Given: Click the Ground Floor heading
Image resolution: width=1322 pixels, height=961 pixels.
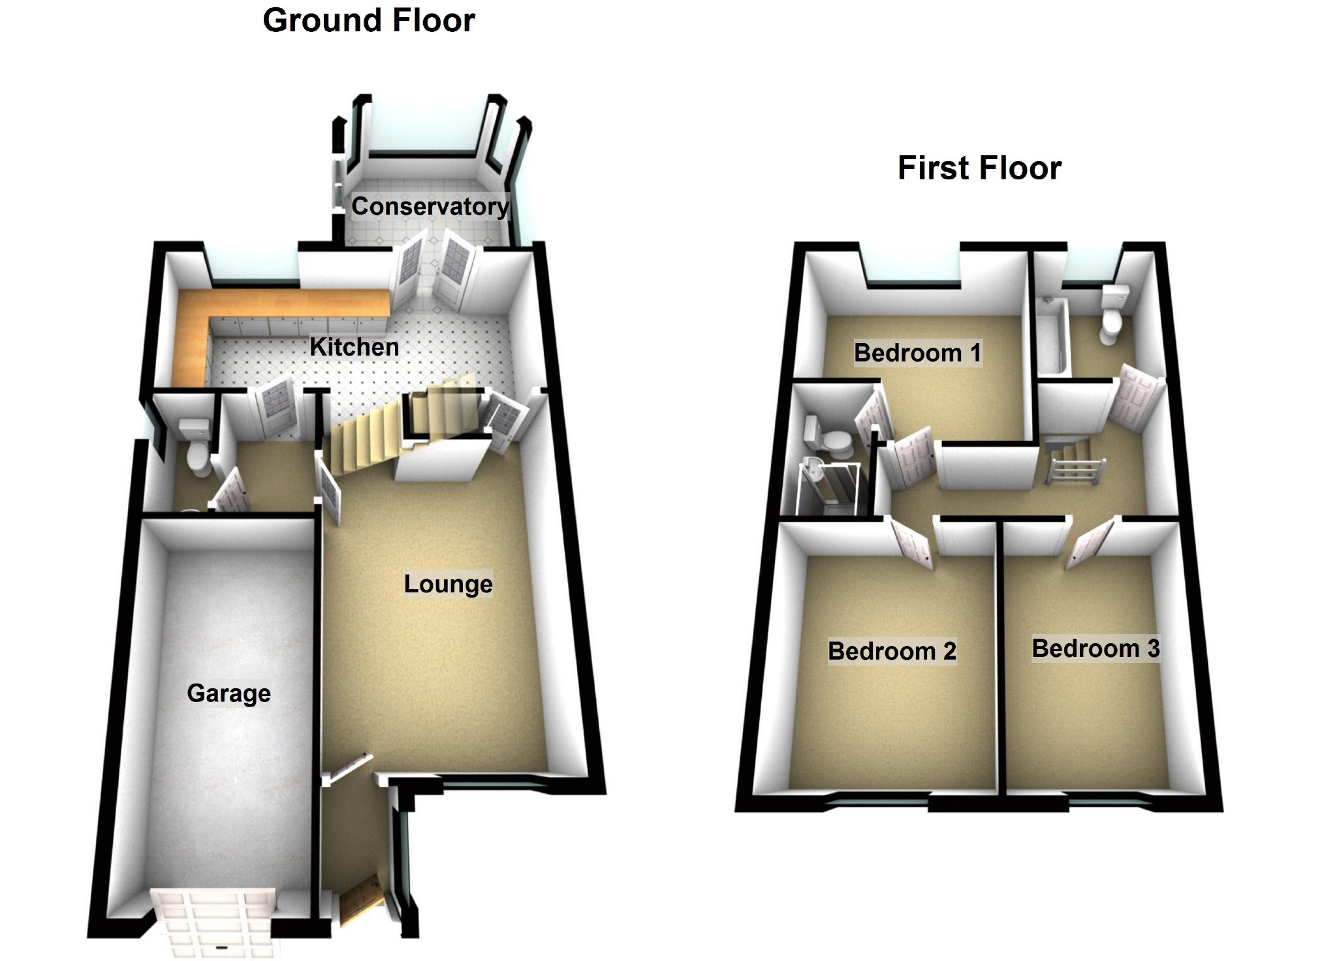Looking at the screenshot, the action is point(368,21).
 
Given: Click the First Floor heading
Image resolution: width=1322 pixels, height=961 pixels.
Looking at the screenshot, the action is point(979,168).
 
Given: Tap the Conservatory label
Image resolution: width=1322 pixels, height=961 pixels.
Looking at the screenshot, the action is point(430,207).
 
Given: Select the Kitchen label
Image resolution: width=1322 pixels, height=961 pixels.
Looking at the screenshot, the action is point(354,347).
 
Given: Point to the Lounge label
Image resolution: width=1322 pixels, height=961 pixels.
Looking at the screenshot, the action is point(448,584).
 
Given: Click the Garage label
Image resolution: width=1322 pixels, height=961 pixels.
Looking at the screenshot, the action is point(228,693).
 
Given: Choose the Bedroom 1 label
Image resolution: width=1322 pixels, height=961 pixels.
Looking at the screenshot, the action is point(917,353).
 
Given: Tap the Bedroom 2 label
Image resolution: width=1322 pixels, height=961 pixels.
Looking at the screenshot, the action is point(892,651).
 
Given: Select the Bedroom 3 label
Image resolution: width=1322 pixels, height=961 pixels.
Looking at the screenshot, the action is point(1095,648).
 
